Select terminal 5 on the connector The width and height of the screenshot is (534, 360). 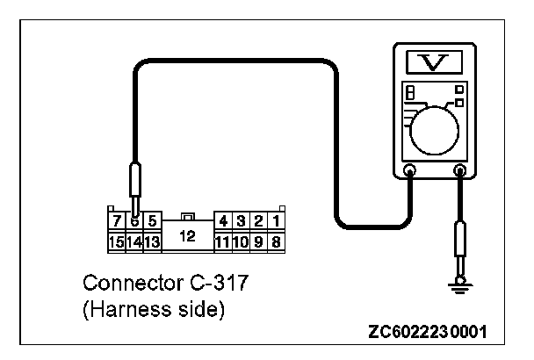152,221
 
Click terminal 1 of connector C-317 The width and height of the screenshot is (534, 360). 276,221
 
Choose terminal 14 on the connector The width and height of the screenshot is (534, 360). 134,241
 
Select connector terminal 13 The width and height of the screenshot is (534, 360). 152,241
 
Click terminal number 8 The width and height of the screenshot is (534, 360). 276,241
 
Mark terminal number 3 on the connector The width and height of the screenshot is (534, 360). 241,221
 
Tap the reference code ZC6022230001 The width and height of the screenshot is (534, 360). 429,335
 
